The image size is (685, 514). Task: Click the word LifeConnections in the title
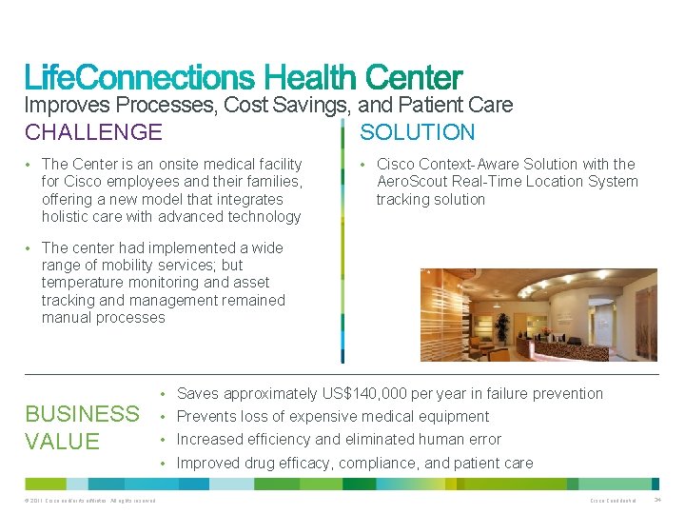[x=139, y=77]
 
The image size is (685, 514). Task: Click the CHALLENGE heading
[x=93, y=132]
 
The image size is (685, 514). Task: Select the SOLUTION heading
[x=417, y=132]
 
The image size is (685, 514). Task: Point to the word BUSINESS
[x=82, y=414]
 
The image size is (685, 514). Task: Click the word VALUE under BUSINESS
[x=63, y=441]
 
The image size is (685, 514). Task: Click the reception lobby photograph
[x=538, y=315]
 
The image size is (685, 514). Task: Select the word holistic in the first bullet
[x=68, y=217]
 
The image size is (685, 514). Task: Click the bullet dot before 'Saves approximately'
[x=165, y=394]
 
